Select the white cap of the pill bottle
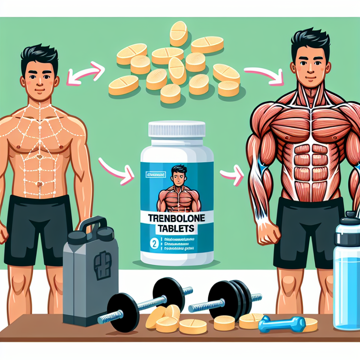pos(177,128)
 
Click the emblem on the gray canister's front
pos(102,265)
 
